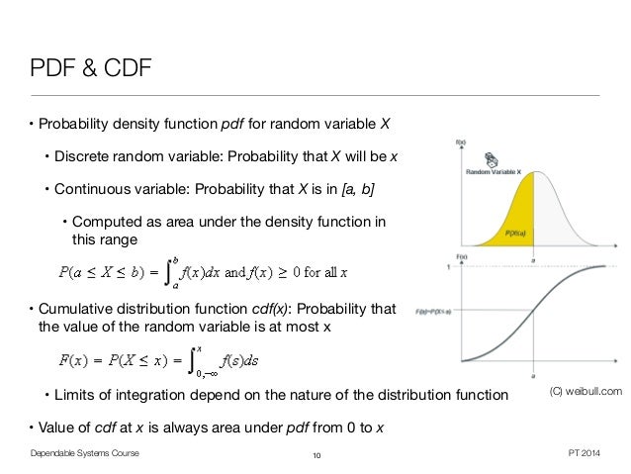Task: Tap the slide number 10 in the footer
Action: pyautogui.click(x=316, y=454)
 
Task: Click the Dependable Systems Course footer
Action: pyautogui.click(x=84, y=453)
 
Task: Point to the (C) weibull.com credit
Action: pyautogui.click(x=585, y=393)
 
